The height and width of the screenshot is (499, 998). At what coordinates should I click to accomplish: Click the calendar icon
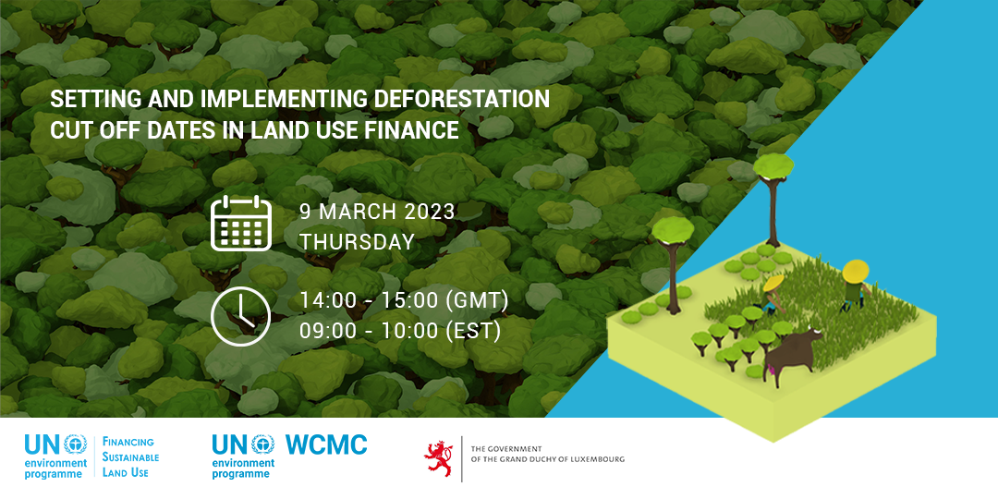(241, 224)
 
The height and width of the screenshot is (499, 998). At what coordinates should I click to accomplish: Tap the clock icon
(240, 316)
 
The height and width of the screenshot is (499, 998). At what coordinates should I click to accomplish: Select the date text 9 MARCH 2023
(377, 212)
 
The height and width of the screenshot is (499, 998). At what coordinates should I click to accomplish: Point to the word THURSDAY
(357, 242)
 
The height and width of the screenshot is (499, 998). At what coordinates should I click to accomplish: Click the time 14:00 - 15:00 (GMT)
(404, 300)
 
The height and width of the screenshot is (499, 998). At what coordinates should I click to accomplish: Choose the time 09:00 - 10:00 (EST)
(400, 331)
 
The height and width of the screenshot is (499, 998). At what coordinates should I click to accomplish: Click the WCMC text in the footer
(326, 444)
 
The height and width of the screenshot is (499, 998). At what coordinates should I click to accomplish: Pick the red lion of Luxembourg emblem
(439, 457)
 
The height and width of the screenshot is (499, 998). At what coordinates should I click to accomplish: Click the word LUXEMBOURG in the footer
(598, 459)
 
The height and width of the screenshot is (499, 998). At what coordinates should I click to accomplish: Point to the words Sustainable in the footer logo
(130, 457)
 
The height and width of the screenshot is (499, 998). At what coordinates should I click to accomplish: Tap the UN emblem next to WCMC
(262, 444)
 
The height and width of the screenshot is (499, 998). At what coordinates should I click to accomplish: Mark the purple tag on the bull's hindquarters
(768, 367)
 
